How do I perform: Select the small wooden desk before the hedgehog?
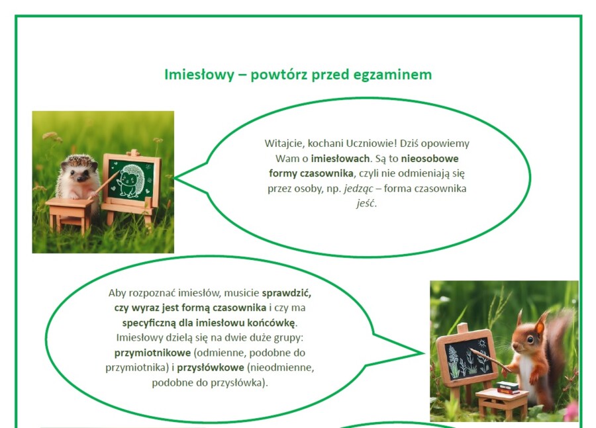tap(69, 210)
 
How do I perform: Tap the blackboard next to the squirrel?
tap(467, 358)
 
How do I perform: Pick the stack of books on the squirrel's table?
tap(508, 387)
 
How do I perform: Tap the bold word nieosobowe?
tap(430, 159)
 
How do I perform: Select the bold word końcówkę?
tap(270, 323)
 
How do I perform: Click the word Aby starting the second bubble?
tap(118, 293)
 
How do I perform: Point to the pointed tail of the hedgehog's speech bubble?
tap(180, 177)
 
